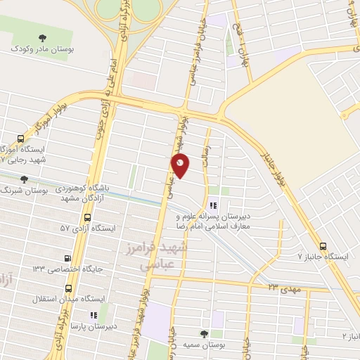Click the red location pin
point(180,165)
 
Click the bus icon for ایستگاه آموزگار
point(21,139)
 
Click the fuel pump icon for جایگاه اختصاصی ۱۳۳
point(67,258)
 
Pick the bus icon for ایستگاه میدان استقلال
point(68,288)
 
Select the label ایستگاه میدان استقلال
point(68,299)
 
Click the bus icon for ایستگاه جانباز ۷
point(323,246)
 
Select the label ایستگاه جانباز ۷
point(323,257)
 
